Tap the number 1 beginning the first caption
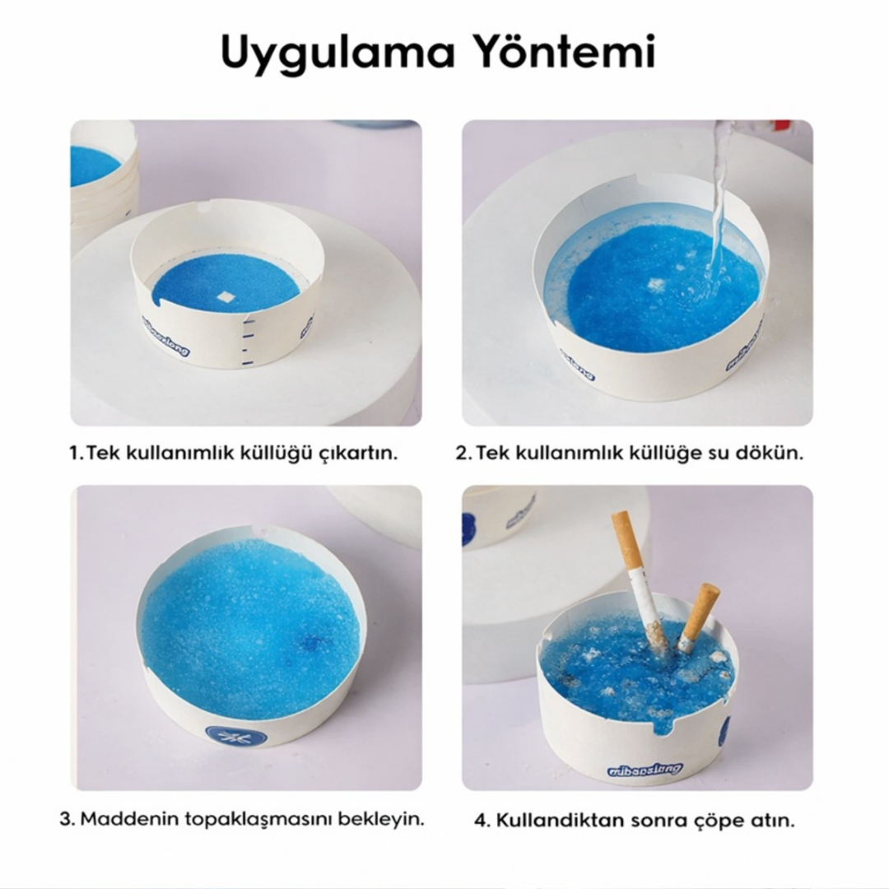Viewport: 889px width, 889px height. point(75,454)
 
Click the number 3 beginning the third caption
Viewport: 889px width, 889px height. point(67,819)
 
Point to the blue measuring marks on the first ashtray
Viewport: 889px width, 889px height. point(248,340)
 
